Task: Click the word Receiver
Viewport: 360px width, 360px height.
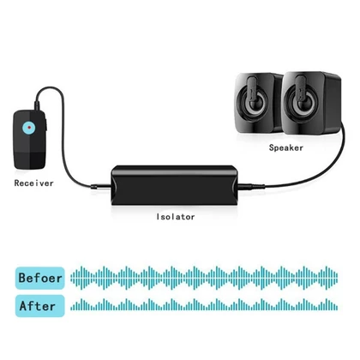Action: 34,183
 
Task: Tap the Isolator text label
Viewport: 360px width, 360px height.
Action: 176,217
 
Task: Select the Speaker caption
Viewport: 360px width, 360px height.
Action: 286,147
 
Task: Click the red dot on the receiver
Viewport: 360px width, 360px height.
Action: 29,128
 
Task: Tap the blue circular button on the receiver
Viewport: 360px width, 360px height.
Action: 29,128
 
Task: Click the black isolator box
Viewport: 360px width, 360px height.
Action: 174,185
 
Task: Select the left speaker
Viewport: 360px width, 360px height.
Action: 257,103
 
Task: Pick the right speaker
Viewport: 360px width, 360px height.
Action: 310,102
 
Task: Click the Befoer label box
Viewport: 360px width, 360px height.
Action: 40,278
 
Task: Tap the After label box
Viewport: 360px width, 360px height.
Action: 40,306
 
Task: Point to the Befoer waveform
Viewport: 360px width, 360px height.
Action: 204,278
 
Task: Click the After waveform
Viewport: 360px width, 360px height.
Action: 204,304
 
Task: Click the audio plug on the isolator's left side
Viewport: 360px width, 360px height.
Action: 100,187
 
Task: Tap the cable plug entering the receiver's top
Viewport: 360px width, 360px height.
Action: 37,105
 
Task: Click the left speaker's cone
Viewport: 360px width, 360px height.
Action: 254,103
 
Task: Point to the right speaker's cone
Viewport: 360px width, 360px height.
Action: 303,103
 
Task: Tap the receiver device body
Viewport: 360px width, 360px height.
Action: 30,140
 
